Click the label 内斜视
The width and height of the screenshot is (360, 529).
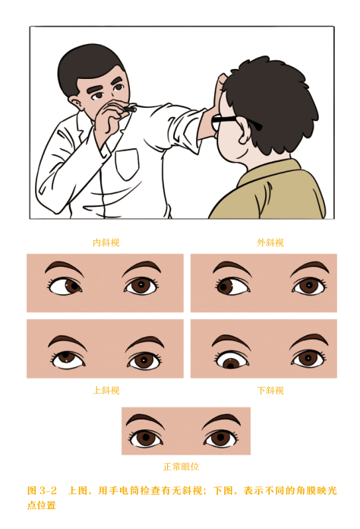(x=106, y=242)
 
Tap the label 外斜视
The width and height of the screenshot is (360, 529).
(x=270, y=242)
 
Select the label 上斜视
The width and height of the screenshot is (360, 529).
(x=106, y=391)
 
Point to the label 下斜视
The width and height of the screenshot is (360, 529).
(x=270, y=391)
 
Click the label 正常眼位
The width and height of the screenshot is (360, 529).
(x=181, y=467)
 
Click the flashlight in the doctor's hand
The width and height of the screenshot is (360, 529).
(x=129, y=109)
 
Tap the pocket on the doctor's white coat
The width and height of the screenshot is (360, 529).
(x=127, y=164)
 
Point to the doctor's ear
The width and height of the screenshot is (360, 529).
(x=75, y=103)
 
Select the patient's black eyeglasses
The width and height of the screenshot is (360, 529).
(x=236, y=122)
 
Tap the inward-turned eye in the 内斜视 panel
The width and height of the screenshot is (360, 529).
(x=66, y=287)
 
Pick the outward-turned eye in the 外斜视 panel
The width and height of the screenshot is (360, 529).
(x=232, y=286)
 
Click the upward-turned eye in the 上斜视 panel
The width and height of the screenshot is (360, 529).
(x=68, y=359)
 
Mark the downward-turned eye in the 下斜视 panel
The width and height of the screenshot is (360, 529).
(x=232, y=360)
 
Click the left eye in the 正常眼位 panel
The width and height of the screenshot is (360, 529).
(x=146, y=438)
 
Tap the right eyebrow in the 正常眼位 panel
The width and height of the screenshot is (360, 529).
(x=221, y=420)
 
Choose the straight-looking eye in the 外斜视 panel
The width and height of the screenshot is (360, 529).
(x=308, y=287)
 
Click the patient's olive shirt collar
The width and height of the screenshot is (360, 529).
(x=270, y=173)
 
